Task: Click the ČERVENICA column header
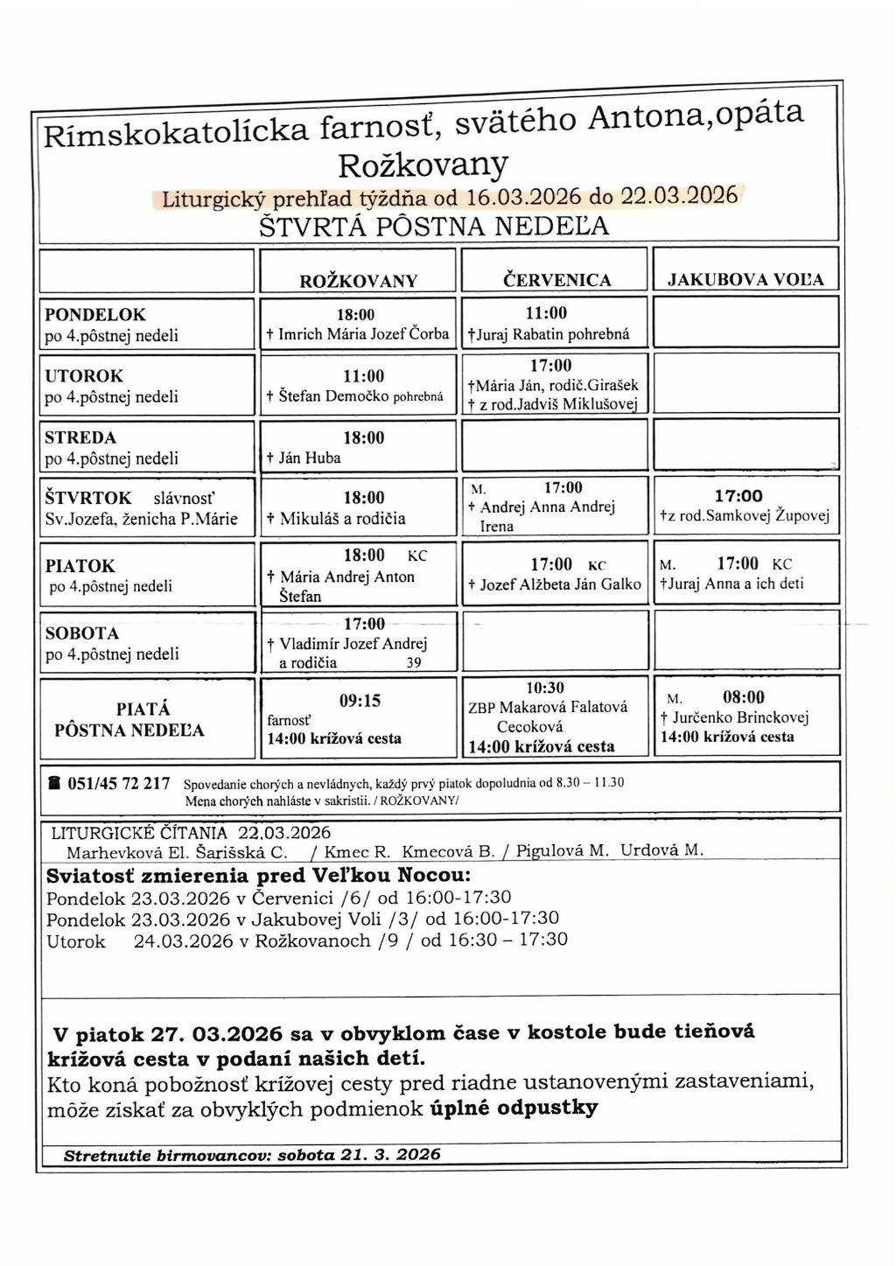556,280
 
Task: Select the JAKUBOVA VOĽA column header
745,280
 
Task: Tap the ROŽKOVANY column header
359,281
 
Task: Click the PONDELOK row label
95,314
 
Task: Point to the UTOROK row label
84,375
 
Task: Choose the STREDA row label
80,437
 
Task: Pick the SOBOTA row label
81,633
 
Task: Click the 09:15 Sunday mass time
360,701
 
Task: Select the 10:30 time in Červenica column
545,688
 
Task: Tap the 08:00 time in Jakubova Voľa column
744,697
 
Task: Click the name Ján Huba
310,458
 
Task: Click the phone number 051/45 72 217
119,783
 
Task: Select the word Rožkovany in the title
423,164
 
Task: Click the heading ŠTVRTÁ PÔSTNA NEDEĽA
434,226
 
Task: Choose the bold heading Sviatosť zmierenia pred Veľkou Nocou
258,876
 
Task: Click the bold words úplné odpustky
514,1108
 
